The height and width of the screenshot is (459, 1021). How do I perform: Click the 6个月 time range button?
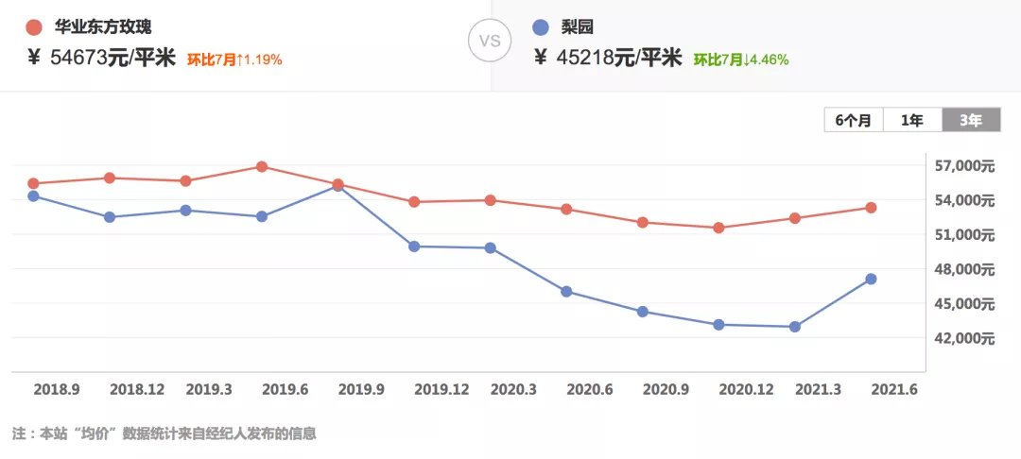point(854,120)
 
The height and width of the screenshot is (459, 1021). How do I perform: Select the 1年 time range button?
point(912,120)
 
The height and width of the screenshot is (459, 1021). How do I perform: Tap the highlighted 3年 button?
point(971,120)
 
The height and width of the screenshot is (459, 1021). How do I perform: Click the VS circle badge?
point(491,42)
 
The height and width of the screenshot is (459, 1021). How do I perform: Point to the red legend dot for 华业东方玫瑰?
point(34,27)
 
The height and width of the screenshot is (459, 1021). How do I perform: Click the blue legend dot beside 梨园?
point(541,27)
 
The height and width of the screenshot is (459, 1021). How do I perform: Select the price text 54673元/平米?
point(113,58)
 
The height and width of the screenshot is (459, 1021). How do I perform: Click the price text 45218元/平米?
point(619,58)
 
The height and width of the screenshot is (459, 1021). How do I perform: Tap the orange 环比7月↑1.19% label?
point(234,59)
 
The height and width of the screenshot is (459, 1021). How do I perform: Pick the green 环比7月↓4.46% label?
point(741,59)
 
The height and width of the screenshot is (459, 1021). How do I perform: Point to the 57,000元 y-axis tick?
point(965,166)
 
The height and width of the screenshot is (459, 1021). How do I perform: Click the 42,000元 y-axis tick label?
point(965,338)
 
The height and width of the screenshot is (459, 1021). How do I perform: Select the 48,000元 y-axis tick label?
point(965,269)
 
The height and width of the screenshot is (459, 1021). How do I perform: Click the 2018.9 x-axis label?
point(56,389)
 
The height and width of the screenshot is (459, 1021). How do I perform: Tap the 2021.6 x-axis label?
point(895,389)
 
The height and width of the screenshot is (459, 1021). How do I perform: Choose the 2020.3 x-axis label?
point(514,389)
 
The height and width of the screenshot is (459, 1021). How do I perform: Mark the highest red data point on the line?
point(262,167)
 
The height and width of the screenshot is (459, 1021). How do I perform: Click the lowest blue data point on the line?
point(795,327)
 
